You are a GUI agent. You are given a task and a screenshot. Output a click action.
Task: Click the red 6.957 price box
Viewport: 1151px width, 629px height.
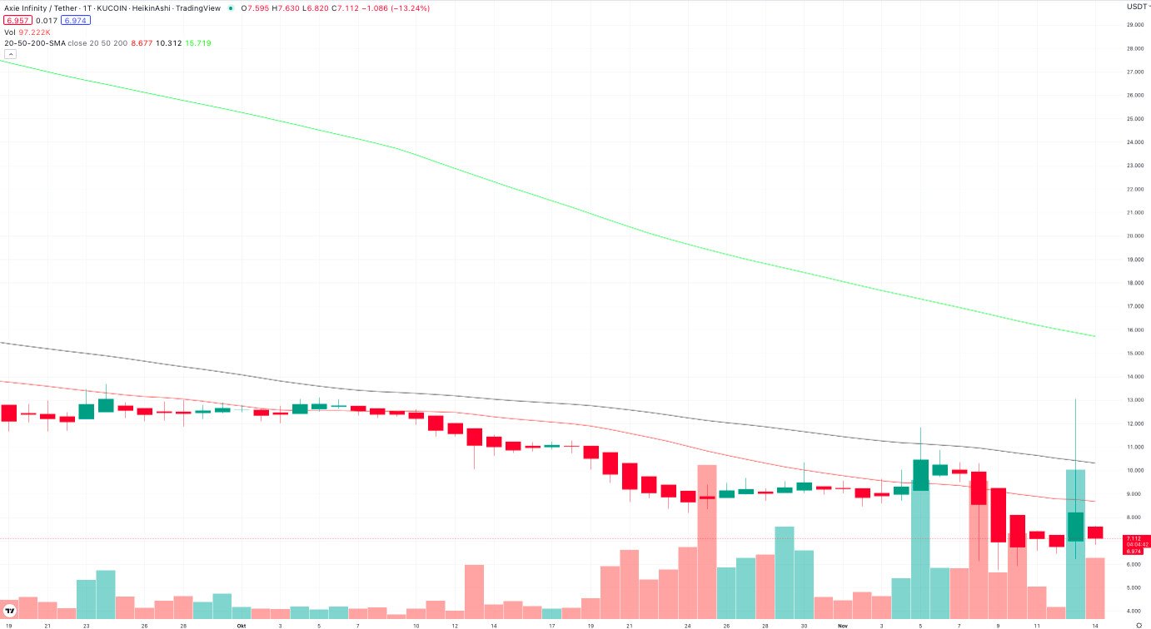[x=17, y=20]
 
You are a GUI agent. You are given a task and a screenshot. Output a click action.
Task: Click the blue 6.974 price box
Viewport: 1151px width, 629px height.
[x=77, y=20]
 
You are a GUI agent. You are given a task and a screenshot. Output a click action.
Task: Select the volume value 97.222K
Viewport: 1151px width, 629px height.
[x=34, y=32]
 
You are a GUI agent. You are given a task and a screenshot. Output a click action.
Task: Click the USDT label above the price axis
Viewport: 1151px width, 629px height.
[x=1136, y=7]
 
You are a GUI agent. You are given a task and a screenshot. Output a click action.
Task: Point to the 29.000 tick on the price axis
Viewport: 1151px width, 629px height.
[x=1134, y=25]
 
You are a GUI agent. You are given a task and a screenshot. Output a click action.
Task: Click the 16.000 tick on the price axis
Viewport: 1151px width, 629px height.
[x=1134, y=329]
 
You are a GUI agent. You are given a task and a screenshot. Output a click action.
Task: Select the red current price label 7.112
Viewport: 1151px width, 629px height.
[x=1134, y=538]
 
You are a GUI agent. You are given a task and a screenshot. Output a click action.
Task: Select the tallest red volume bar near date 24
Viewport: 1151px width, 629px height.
[x=707, y=541]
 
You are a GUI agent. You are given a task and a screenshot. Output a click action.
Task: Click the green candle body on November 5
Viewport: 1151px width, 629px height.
[x=920, y=474]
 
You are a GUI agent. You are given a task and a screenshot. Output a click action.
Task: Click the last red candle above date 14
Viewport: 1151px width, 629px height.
[x=1094, y=532]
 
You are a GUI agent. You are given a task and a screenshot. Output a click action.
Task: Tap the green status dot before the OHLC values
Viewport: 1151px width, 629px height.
[x=231, y=8]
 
